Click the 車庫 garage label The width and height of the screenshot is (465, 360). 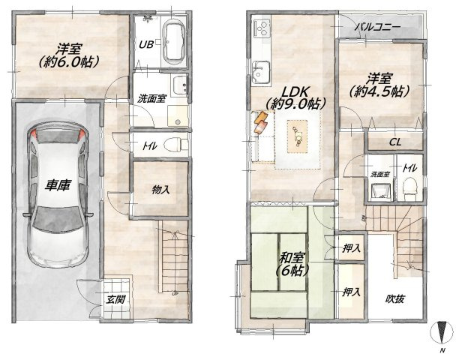tap(58, 185)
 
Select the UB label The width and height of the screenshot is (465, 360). tap(146, 44)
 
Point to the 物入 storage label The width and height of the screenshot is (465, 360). tap(160, 190)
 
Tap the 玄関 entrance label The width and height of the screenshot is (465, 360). tap(115, 300)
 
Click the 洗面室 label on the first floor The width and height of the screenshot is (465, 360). tap(151, 99)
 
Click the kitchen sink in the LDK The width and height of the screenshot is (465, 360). tap(261, 73)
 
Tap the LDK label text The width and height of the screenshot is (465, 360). tap(295, 92)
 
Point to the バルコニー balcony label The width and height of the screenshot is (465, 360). tap(378, 27)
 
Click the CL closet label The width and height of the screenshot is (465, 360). tap(395, 142)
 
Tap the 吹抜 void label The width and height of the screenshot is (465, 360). tap(395, 299)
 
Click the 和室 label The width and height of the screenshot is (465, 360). tap(292, 258)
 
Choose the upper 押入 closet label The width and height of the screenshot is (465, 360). tap(351, 248)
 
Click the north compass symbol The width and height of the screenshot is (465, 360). tap(442, 333)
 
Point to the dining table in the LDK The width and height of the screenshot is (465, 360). tap(298, 136)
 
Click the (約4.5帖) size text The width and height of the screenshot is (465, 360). tap(379, 91)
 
